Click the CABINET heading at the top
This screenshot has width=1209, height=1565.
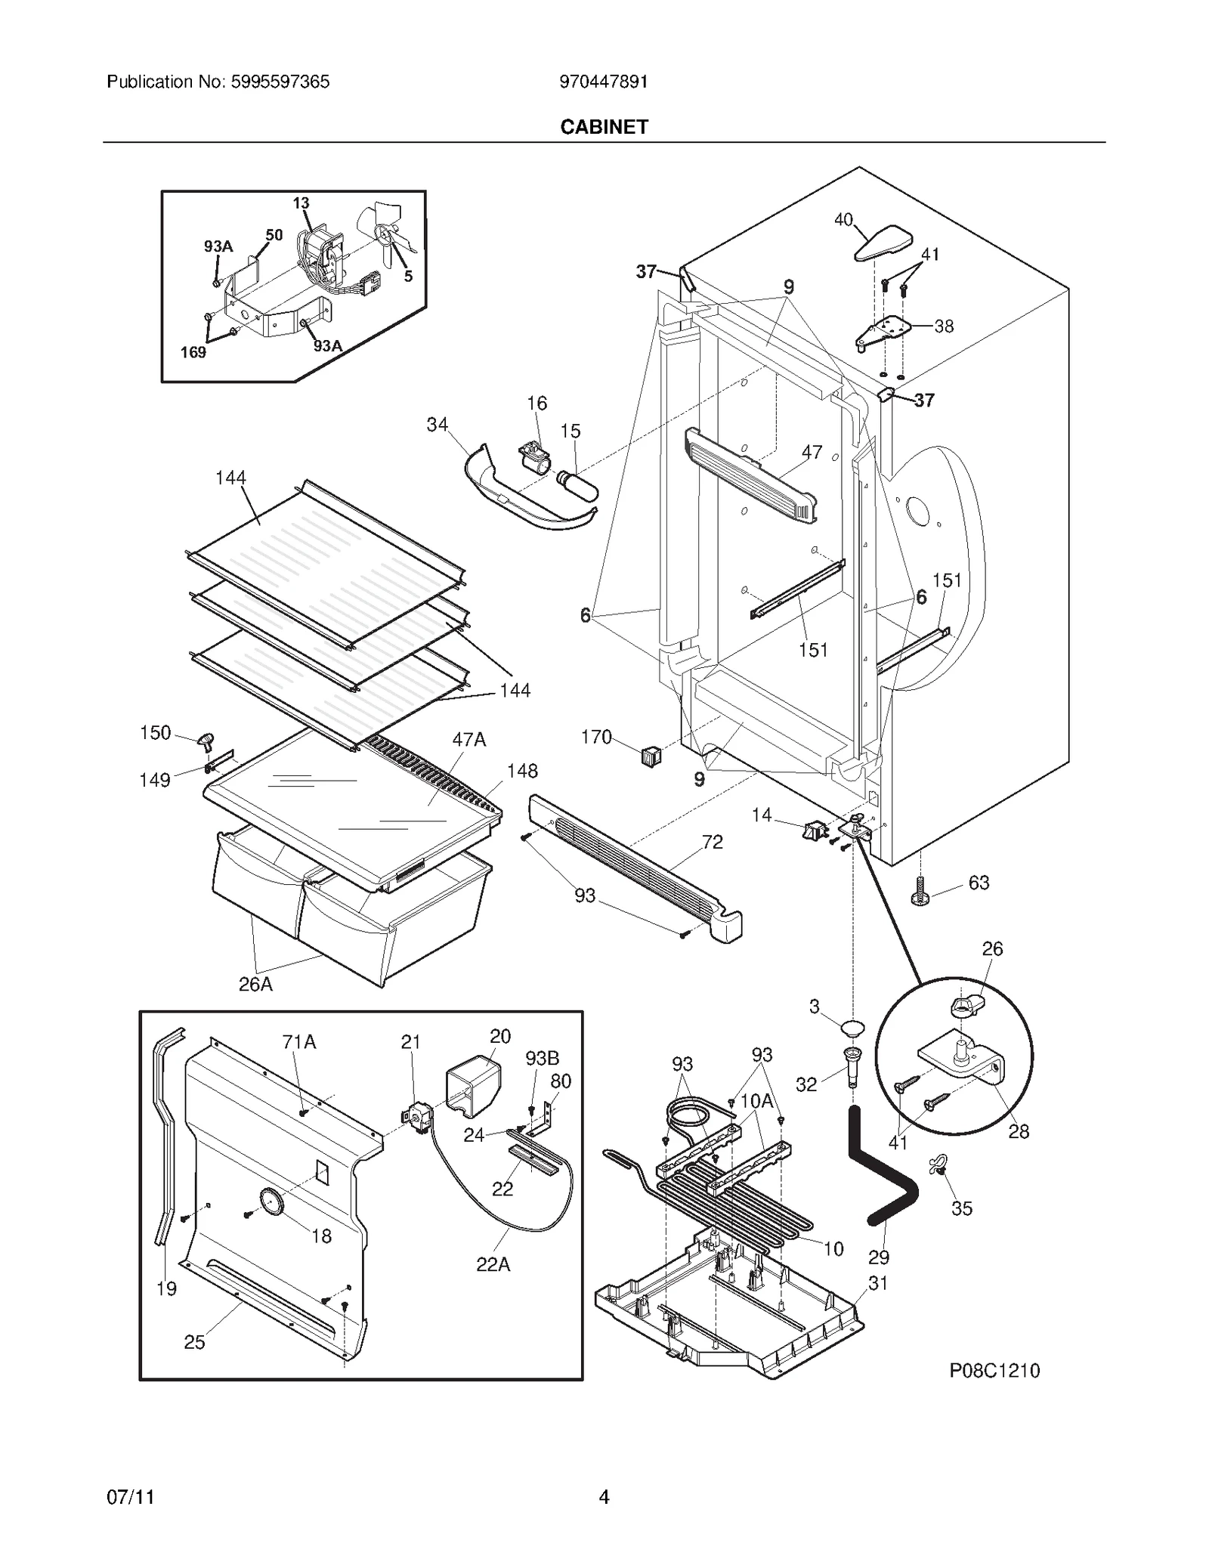(x=604, y=127)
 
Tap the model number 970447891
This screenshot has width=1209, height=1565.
(x=603, y=82)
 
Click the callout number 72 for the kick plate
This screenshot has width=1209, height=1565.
(x=712, y=842)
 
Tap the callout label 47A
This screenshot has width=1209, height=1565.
(x=468, y=740)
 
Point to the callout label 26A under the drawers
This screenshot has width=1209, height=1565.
(x=255, y=984)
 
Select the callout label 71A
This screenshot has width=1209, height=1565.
(x=298, y=1042)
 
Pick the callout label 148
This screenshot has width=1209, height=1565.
(x=522, y=771)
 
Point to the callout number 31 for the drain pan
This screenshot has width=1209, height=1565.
(x=877, y=1282)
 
